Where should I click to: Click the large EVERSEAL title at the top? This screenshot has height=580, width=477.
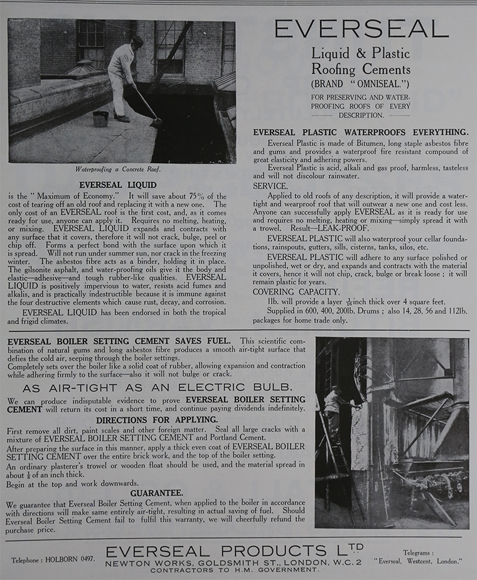tap(361, 29)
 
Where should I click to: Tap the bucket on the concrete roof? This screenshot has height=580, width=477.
tap(100, 118)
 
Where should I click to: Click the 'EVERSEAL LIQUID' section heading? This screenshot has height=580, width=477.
tap(118, 185)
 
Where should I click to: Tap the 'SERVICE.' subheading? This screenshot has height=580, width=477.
tap(271, 186)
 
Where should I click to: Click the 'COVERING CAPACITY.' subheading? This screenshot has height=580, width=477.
tap(296, 292)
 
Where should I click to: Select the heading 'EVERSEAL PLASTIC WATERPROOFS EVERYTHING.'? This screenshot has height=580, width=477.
tap(360, 132)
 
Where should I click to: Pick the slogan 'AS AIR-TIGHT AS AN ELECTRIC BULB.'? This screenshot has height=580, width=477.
tap(157, 387)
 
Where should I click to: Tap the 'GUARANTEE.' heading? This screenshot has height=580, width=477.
tap(157, 493)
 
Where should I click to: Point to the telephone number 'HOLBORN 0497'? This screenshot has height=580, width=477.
tap(73, 558)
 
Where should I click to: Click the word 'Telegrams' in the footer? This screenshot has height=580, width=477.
tap(418, 552)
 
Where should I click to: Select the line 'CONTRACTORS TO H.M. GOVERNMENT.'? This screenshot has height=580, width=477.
tap(233, 569)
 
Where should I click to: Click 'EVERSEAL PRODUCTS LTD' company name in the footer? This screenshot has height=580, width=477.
tap(233, 551)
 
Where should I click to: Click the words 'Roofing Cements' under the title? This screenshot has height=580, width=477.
tap(361, 70)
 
